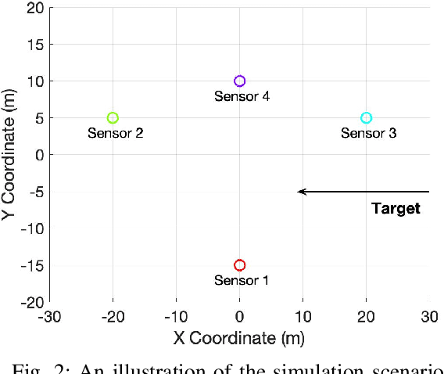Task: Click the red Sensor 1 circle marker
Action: (240, 265)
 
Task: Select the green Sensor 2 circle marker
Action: (113, 118)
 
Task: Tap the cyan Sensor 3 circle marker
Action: (366, 118)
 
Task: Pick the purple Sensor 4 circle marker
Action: (240, 81)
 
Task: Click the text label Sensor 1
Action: (242, 280)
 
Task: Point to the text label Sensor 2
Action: (115, 133)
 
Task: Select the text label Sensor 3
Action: (368, 133)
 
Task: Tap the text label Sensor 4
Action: (242, 96)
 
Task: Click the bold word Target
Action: (396, 208)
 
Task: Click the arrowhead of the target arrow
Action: (302, 192)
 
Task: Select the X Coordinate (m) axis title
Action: (239, 338)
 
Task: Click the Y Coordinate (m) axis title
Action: (10, 154)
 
